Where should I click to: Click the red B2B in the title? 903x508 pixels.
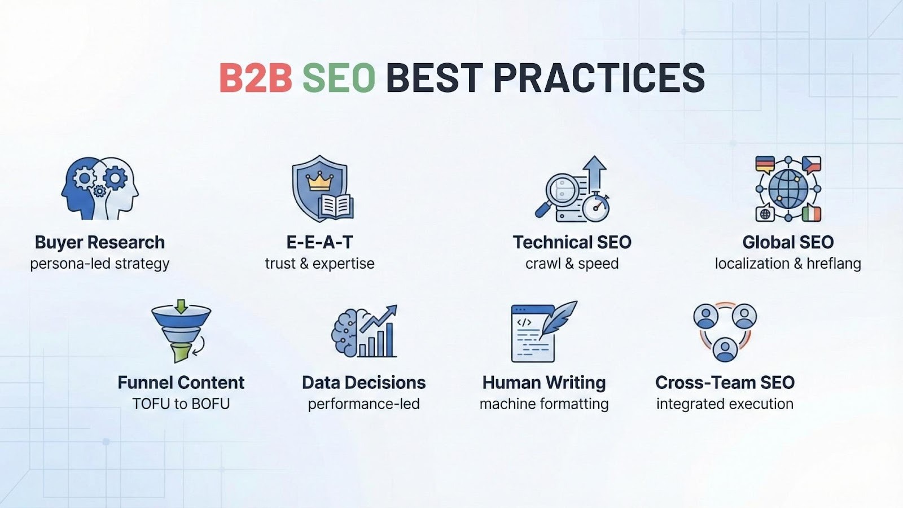click(256, 78)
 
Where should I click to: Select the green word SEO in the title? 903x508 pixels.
click(339, 78)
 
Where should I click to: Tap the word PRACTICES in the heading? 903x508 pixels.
click(599, 78)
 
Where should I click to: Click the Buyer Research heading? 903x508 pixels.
click(99, 242)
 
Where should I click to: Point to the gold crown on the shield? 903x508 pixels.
click(319, 182)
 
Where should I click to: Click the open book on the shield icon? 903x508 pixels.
click(336, 207)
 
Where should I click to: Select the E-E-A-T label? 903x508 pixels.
click(319, 242)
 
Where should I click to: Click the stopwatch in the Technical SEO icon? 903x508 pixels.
click(596, 207)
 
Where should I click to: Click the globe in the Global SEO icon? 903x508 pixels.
click(788, 189)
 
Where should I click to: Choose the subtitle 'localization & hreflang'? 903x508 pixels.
click(788, 264)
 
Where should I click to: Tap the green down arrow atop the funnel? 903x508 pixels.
click(181, 306)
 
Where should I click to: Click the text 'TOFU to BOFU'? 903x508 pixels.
click(181, 404)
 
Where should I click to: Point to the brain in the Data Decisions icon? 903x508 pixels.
click(346, 333)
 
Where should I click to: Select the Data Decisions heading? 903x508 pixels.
click(363, 383)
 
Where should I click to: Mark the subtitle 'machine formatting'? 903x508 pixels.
click(544, 404)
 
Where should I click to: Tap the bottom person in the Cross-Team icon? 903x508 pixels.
click(725, 349)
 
